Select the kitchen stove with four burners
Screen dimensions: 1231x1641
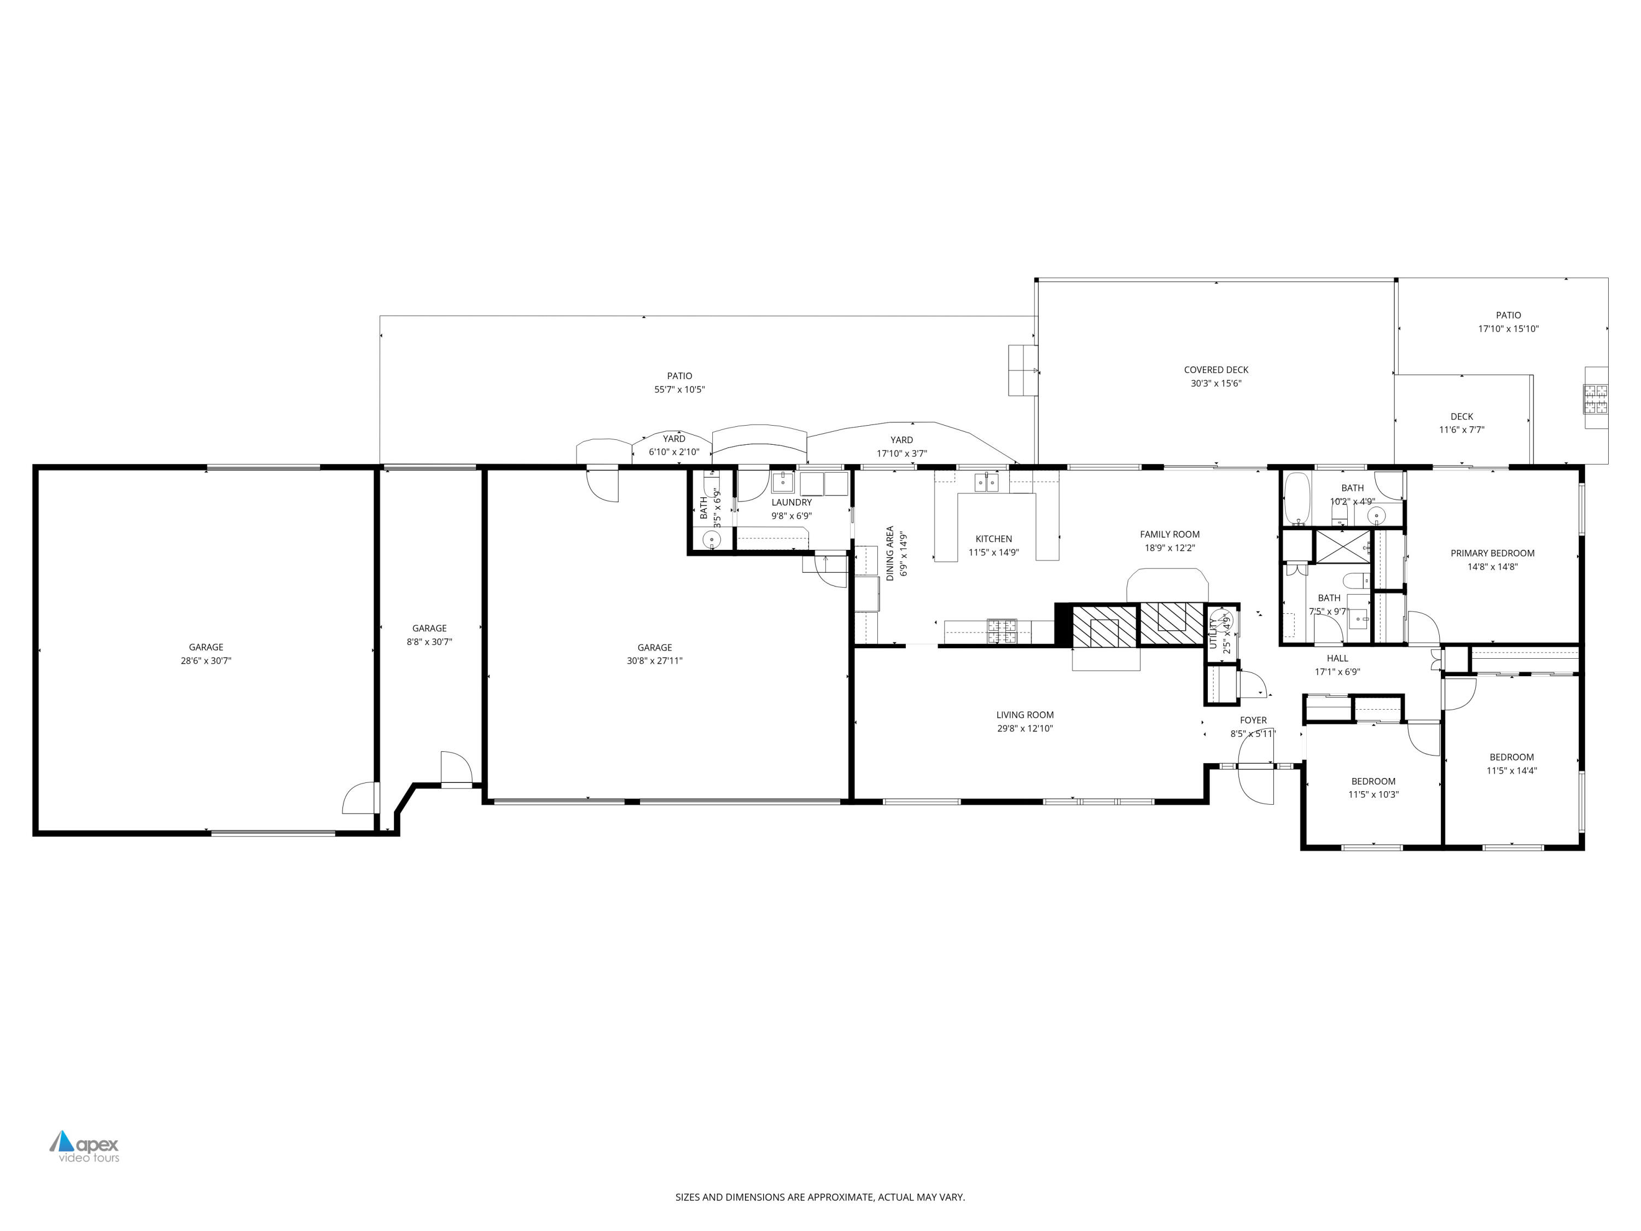(x=1002, y=631)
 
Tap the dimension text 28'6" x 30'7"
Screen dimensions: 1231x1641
(x=206, y=660)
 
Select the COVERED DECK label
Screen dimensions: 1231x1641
(x=1216, y=369)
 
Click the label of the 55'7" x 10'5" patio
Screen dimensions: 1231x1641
(x=679, y=376)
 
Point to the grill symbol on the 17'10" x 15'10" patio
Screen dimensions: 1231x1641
(x=1596, y=398)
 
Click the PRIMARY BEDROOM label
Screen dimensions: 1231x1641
(x=1492, y=553)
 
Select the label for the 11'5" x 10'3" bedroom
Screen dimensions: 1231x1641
(x=1373, y=781)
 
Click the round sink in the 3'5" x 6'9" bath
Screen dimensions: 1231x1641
(x=711, y=539)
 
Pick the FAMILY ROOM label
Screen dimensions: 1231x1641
(x=1169, y=534)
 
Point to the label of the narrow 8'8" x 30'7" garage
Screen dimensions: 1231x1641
(x=429, y=629)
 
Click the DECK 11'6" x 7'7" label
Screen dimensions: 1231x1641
(x=1462, y=417)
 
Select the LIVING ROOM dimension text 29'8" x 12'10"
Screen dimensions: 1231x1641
(x=1025, y=729)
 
